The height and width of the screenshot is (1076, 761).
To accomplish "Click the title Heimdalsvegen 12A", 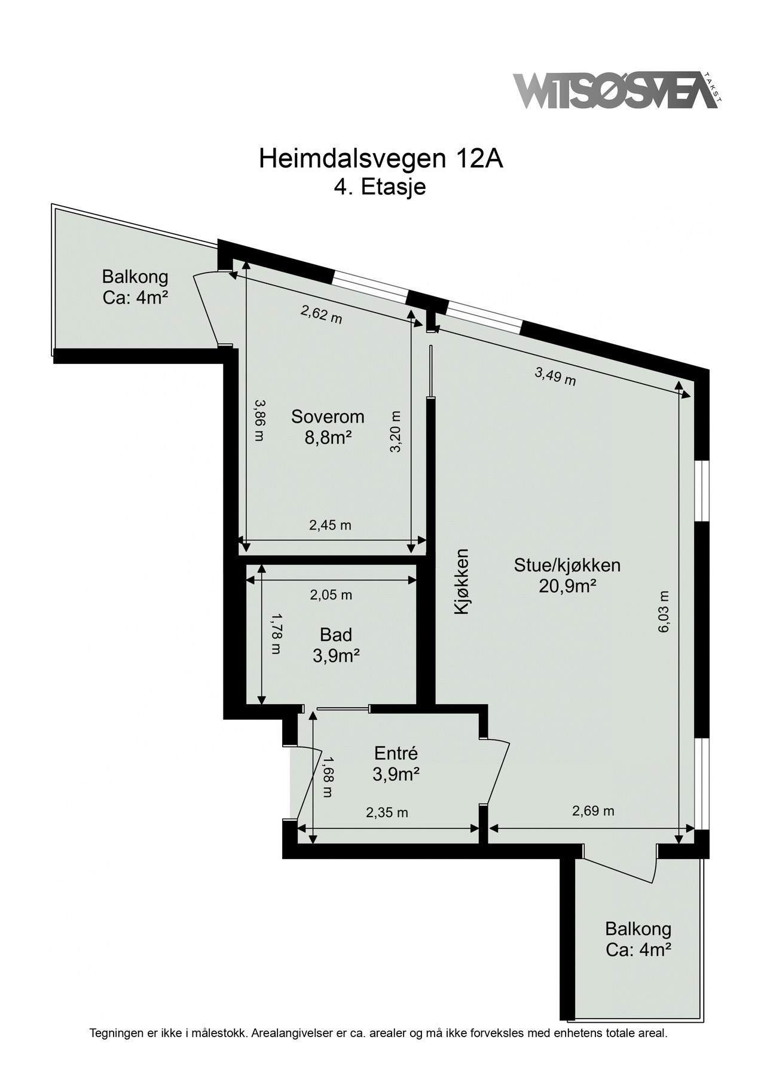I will pos(380,159).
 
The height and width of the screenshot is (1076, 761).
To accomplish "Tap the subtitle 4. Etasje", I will pos(380,187).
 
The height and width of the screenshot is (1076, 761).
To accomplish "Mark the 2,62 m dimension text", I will pos(321,314).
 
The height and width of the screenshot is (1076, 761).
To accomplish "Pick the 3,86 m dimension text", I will pos(258,420).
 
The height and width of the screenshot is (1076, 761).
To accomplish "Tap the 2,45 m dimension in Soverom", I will pos(330,525).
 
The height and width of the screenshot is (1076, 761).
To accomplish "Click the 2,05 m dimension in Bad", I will pos(331,595).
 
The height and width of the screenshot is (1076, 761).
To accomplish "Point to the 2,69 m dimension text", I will pos(593,811).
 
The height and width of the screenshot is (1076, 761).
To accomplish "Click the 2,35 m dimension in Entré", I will pos(387,812).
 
